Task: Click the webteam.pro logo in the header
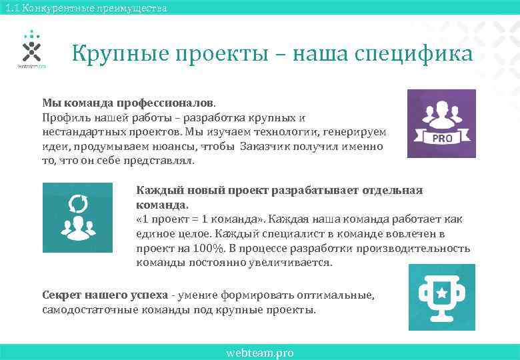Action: coord(31,49)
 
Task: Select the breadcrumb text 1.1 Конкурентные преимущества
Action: coord(84,8)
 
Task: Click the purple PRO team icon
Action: coord(442,123)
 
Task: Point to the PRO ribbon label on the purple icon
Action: coord(443,138)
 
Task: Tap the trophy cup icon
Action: coord(442,297)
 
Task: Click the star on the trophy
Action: coord(441,291)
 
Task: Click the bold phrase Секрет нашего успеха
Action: coord(104,295)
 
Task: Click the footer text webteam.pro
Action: coord(260,353)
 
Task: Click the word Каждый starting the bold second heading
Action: coord(157,191)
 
